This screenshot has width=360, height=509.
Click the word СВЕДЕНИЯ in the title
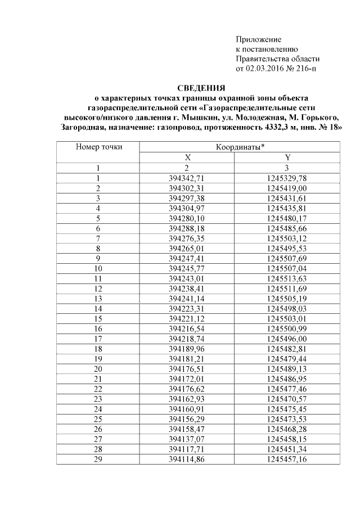pyautogui.click(x=201, y=88)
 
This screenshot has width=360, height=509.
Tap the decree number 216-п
pyautogui.click(x=311, y=69)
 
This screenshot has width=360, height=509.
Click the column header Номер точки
pyautogui.click(x=98, y=147)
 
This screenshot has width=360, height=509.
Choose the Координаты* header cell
pyautogui.click(x=240, y=147)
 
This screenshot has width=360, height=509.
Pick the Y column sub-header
pyautogui.click(x=287, y=157)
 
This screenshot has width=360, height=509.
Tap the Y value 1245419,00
pyautogui.click(x=287, y=188)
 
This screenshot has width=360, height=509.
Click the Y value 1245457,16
pyautogui.click(x=287, y=460)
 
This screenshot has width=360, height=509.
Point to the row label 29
pyautogui.click(x=98, y=460)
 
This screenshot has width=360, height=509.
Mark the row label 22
pyautogui.click(x=98, y=389)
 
